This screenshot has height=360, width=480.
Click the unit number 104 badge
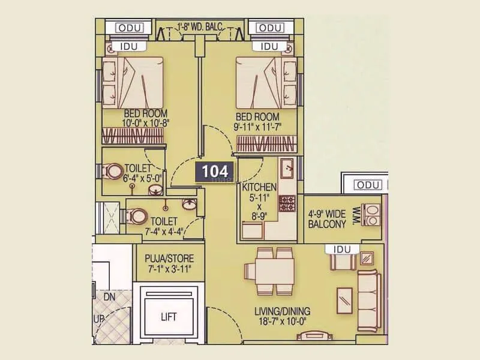coord(214,171)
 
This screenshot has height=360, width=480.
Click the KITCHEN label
coord(259,187)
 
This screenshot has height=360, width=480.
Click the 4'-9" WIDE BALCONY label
coord(327,220)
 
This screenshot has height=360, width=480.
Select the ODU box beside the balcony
coord(367,185)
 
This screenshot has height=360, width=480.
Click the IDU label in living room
coord(339,248)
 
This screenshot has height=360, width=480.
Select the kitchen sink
coord(287,166)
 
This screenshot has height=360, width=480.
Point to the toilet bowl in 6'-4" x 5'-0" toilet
coord(113,172)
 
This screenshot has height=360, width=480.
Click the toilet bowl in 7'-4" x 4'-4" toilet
coord(137,215)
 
